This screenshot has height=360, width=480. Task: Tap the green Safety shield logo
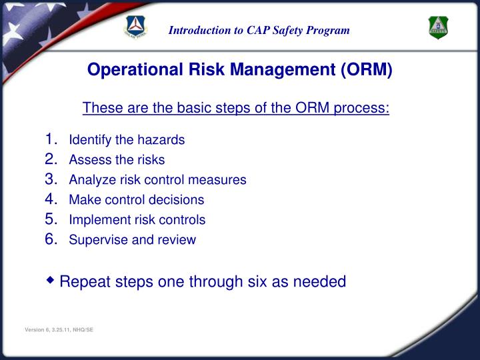(438, 27)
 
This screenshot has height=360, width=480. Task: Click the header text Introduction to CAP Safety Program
(259, 30)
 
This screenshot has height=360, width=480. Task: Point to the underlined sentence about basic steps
(235, 108)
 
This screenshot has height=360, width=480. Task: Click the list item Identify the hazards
(127, 140)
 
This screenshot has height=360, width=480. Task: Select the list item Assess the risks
(117, 160)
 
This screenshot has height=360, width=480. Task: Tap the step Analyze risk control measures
(157, 180)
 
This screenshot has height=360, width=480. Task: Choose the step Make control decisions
(137, 199)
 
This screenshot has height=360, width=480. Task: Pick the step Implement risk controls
(137, 219)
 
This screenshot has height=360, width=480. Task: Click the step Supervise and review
(133, 239)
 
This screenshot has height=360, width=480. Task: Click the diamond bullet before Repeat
(51, 280)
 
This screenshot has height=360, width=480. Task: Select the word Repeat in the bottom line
(83, 282)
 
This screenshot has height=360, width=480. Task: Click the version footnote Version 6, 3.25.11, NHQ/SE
(59, 331)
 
